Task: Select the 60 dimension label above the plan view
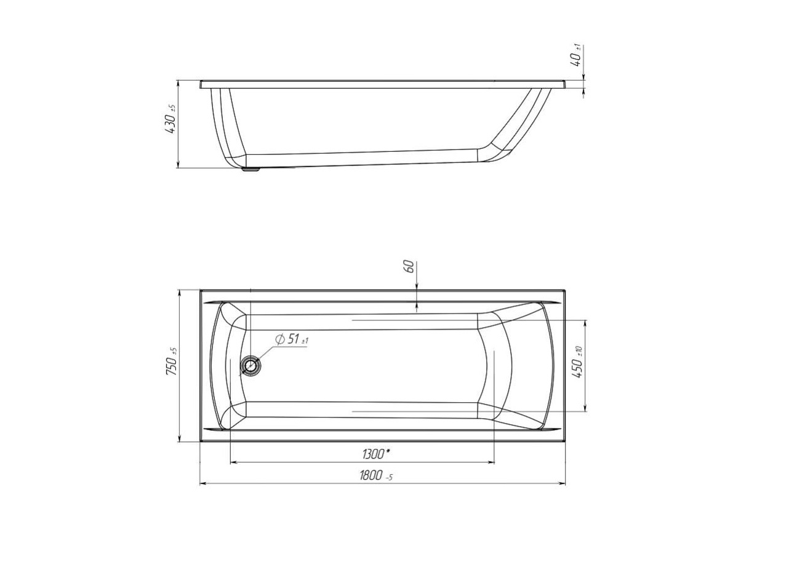pyautogui.click(x=409, y=266)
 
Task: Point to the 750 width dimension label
pyautogui.click(x=172, y=366)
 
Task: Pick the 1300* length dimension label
pyautogui.click(x=376, y=454)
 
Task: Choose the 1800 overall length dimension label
pyautogui.click(x=370, y=475)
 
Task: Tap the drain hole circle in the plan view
pyautogui.click(x=250, y=366)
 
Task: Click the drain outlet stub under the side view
pyautogui.click(x=251, y=170)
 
